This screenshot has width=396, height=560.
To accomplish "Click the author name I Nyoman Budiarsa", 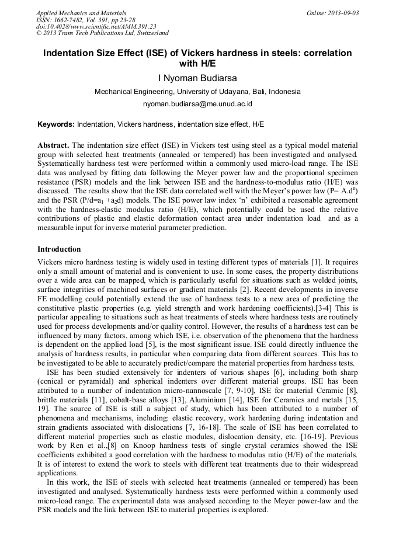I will tap(197, 78).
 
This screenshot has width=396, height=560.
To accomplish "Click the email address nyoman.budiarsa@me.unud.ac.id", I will tap(197, 104).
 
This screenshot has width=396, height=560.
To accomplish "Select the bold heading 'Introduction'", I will tap(59, 249).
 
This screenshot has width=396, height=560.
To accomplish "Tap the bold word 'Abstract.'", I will tap(54, 145).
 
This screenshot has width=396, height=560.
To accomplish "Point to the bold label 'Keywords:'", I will tap(56, 124).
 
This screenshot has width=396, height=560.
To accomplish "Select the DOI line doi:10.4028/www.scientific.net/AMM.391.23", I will tap(96, 26).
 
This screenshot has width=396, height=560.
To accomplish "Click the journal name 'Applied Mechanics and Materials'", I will tap(81, 13).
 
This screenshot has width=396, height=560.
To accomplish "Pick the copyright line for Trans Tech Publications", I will tap(102, 33).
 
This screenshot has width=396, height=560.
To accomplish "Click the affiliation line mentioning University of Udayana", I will tap(197, 92).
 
